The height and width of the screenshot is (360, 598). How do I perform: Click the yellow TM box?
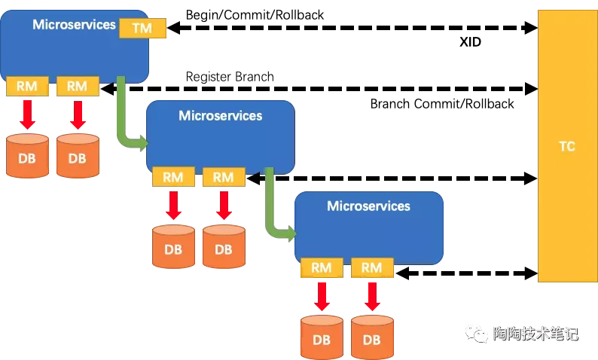tap(142, 29)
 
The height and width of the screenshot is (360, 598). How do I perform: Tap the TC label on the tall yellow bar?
tap(566, 146)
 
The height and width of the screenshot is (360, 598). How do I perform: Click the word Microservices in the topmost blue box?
tap(75, 25)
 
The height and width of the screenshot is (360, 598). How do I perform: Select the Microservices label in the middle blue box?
tap(220, 116)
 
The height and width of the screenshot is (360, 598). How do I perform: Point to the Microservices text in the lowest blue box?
tap(368, 206)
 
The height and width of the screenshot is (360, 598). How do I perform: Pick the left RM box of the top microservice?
tap(27, 86)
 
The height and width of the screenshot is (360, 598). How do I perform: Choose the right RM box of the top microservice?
tap(78, 86)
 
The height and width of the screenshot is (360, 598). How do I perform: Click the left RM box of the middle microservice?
tap(173, 177)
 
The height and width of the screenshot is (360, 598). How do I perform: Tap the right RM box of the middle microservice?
tap(224, 177)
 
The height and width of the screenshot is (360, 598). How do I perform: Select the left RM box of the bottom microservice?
tap(322, 267)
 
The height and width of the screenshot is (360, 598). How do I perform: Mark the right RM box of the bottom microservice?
tap(371, 267)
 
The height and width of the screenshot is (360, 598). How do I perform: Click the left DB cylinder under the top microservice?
tap(27, 156)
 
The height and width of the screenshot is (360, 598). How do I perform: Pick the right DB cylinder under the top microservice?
tap(78, 156)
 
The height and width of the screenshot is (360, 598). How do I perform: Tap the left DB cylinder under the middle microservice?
tap(173, 247)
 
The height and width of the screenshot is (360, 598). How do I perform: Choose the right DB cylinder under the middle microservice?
tap(224, 247)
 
